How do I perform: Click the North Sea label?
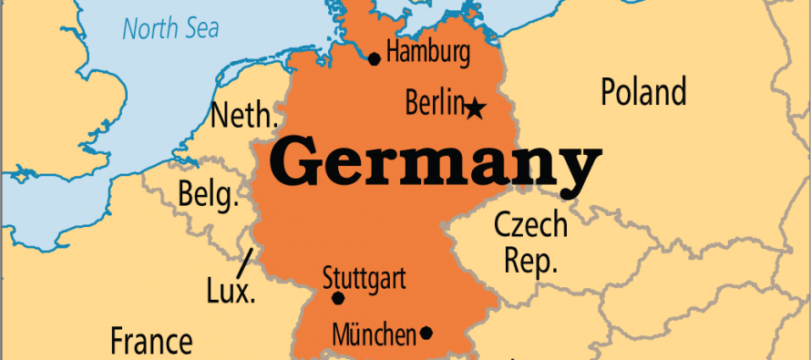[x=170, y=28]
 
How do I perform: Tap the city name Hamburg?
[x=427, y=53]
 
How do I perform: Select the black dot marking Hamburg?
[x=374, y=59]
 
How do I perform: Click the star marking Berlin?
[x=475, y=110]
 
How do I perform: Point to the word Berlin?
[x=435, y=104]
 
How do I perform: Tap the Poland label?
[x=643, y=93]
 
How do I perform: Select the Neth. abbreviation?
[x=242, y=117]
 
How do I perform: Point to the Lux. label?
[x=231, y=293]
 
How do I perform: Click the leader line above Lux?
[x=244, y=263]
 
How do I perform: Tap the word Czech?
[x=530, y=224]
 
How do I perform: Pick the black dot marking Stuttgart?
[x=338, y=298]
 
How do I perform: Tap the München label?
[x=374, y=334]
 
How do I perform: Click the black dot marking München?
[x=426, y=334]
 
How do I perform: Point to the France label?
[x=151, y=342]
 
